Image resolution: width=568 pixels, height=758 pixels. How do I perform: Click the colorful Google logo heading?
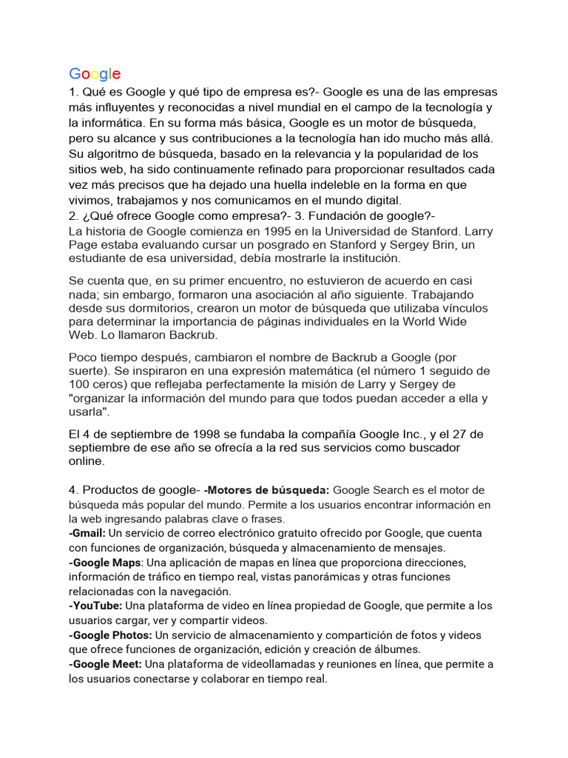(95, 73)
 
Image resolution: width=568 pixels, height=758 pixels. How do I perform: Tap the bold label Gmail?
(87, 533)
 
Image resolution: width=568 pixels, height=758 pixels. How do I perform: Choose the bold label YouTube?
(96, 606)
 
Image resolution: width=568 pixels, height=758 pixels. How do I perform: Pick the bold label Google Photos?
(111, 635)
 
